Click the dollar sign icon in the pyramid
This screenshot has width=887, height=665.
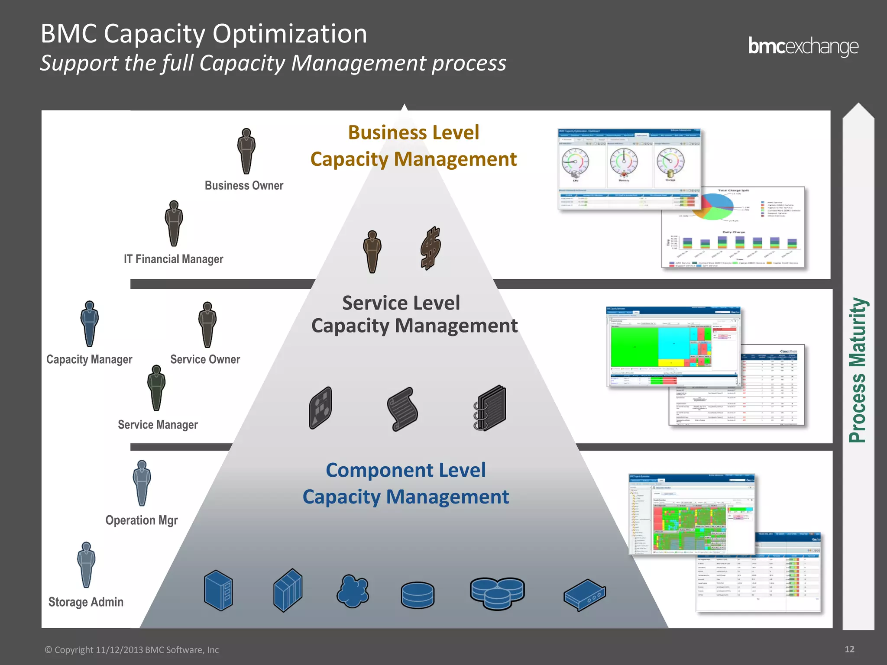click(x=431, y=248)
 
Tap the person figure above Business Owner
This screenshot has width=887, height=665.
click(x=246, y=151)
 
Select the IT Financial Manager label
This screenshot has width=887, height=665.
click(x=173, y=259)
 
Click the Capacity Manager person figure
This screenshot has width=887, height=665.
click(x=90, y=324)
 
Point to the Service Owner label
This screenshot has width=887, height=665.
click(x=205, y=359)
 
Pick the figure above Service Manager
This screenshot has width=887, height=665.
click(x=156, y=388)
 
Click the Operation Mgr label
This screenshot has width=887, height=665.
click(x=142, y=520)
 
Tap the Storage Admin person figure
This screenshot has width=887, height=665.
click(x=86, y=565)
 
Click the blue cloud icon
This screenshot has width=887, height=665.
click(x=353, y=591)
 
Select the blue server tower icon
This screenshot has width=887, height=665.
click(x=218, y=590)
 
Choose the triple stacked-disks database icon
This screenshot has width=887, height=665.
click(x=497, y=593)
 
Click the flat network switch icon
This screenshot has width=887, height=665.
click(x=585, y=595)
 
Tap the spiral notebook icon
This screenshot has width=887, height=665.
click(x=490, y=407)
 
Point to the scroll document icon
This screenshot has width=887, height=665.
click(x=402, y=409)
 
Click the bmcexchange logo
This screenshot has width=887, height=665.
click(x=803, y=47)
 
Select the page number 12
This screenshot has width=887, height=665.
click(x=849, y=649)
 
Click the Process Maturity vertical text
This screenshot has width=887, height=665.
click(x=858, y=370)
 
